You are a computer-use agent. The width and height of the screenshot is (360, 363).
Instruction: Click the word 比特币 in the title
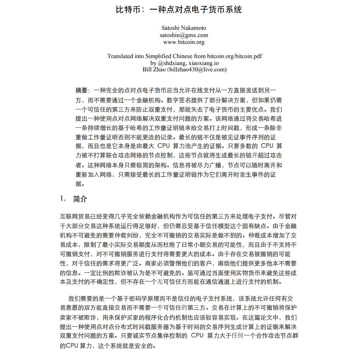128,10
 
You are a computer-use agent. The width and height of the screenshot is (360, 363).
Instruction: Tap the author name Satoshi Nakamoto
184,28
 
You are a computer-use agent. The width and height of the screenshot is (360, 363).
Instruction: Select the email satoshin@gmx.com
184,35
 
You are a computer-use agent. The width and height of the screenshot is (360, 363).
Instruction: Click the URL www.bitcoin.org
184,42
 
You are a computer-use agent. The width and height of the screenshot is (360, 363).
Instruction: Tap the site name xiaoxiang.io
203,63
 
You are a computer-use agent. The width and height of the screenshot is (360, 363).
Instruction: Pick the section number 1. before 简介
63,199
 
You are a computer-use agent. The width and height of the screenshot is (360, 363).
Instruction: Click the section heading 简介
80,199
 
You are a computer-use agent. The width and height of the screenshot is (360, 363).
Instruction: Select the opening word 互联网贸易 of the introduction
75,217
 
